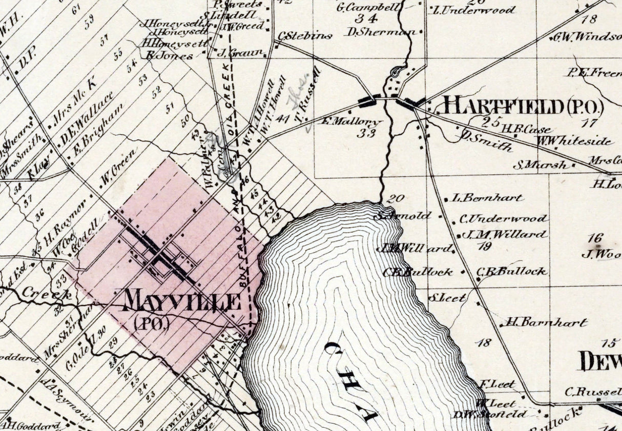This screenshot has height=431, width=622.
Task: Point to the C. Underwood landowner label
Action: point(504,219)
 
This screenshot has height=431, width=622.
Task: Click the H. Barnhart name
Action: point(546,322)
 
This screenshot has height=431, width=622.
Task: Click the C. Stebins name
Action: point(305,36)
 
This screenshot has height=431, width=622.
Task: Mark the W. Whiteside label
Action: point(574,141)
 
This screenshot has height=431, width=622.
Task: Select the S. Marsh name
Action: point(541,165)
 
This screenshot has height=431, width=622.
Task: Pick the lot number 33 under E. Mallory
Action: point(368,134)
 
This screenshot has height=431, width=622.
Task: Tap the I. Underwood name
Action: point(474,10)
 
